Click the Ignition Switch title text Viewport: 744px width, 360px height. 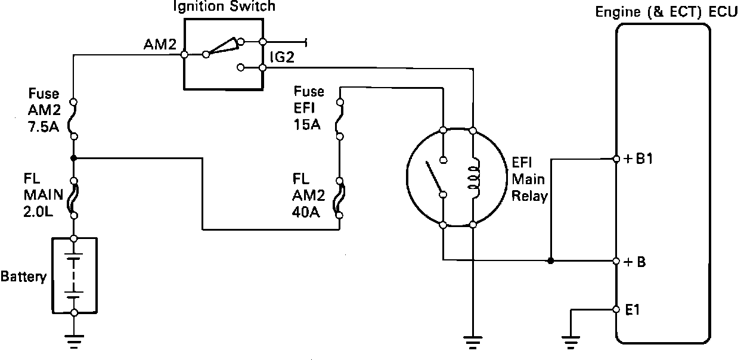224,7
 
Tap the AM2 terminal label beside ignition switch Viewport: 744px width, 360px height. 158,45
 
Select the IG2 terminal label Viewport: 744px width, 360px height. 281,58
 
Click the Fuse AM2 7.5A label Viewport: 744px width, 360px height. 44,114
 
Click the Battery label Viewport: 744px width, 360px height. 23,277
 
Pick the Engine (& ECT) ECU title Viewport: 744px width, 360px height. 667,13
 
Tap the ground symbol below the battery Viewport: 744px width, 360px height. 73,341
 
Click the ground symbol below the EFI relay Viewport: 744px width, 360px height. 473,342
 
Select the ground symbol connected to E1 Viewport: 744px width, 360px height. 571,342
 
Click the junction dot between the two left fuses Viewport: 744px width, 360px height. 73,159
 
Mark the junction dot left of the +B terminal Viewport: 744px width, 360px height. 550,260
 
